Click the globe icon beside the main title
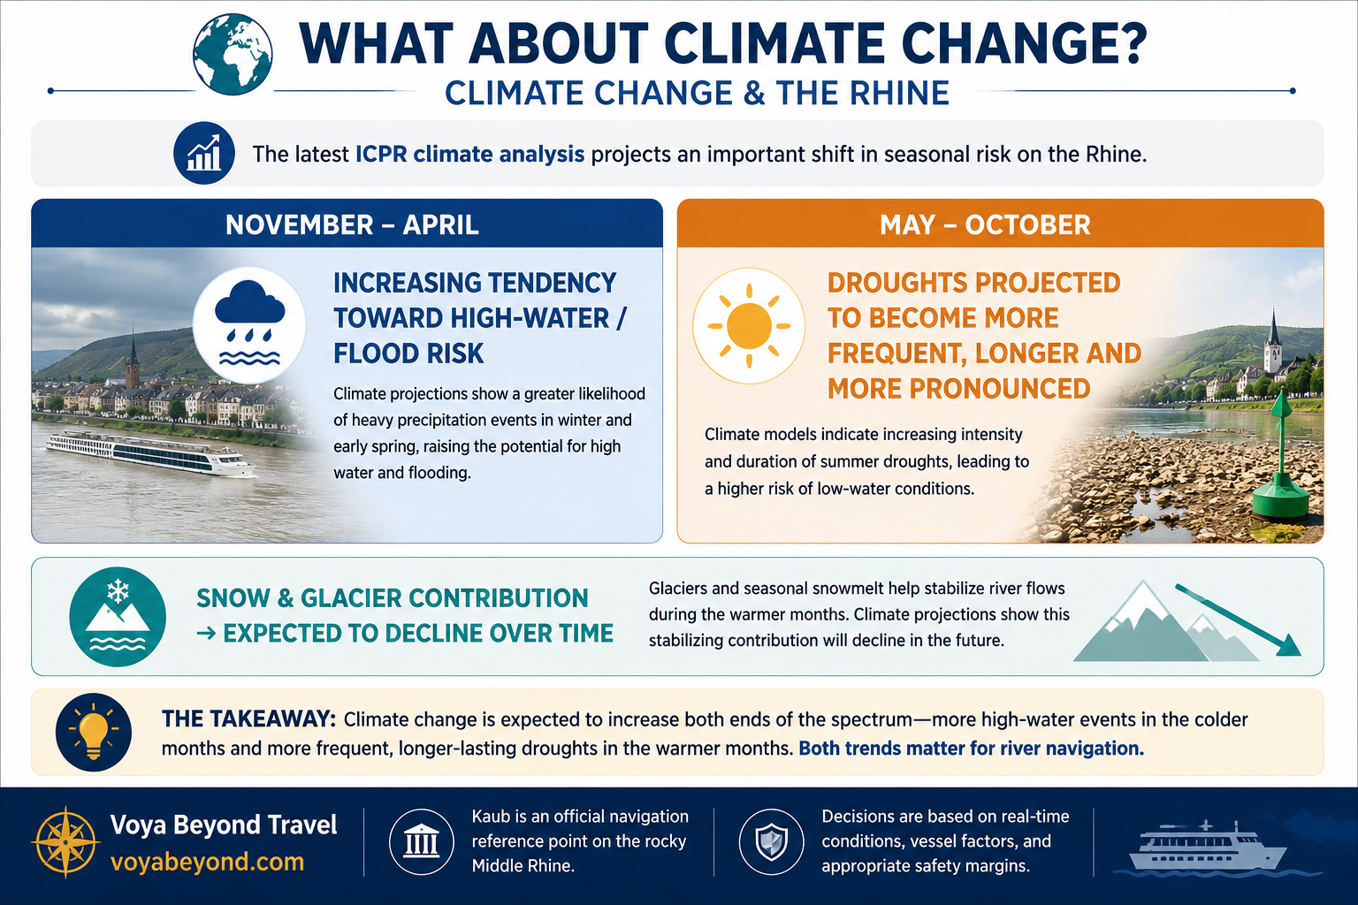pos(233,55)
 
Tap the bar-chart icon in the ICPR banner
pos(203,154)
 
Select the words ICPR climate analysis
pos(469,154)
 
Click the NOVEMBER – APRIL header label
pos(352,224)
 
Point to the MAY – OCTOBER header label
pos(985,224)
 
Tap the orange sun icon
pos(749,325)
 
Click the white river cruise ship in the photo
pos(149,453)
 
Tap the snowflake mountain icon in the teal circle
pos(118,617)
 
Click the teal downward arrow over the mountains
pos(1238,620)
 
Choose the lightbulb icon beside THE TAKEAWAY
pos(94,733)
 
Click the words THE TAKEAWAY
pos(248,719)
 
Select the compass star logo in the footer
pos(65,842)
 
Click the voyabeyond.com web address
pos(208,862)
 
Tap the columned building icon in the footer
pos(422,841)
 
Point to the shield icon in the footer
pos(771,841)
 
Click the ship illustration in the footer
pos(1207,848)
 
